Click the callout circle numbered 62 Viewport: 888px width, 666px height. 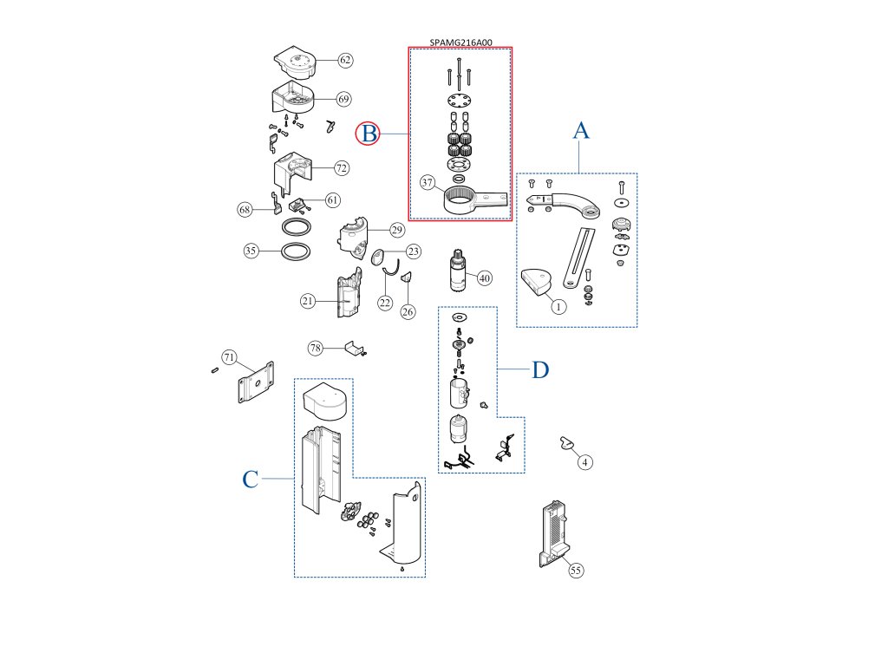(x=345, y=61)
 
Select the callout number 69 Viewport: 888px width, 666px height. (x=343, y=99)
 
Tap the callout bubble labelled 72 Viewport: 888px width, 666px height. (x=341, y=166)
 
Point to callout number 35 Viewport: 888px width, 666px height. (x=251, y=251)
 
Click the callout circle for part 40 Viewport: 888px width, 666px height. (x=484, y=278)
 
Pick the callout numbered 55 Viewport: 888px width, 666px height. (x=576, y=570)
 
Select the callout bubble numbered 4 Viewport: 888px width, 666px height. (x=585, y=462)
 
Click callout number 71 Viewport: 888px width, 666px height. (x=229, y=357)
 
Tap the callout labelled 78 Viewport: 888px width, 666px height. (x=316, y=348)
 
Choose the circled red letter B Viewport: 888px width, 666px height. (x=369, y=134)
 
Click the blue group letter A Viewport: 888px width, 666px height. (x=581, y=131)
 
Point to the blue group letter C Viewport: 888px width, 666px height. (x=250, y=480)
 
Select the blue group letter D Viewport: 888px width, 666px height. (x=540, y=370)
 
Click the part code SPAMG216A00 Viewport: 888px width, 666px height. (x=460, y=42)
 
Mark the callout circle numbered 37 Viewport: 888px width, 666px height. (x=428, y=183)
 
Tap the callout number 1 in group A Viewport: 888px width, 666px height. (x=558, y=306)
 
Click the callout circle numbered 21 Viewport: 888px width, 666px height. (x=308, y=301)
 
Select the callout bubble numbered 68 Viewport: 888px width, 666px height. (x=245, y=209)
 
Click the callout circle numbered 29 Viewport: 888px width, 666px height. (x=396, y=230)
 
